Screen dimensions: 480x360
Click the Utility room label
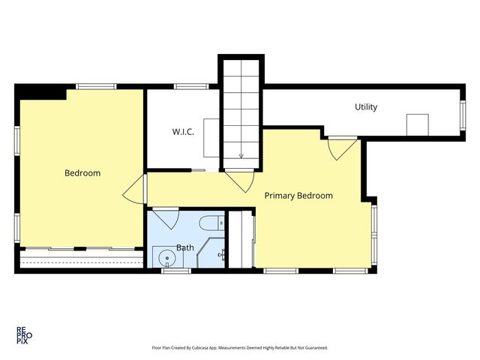pyautogui.click(x=366, y=107)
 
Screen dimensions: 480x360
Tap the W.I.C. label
pyautogui.click(x=183, y=132)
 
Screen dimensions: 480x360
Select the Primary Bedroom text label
pyautogui.click(x=298, y=196)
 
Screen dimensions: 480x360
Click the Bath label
pyautogui.click(x=185, y=247)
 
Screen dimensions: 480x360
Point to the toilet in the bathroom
pyautogui.click(x=211, y=223)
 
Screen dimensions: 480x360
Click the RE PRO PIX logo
pyautogui.click(x=24, y=335)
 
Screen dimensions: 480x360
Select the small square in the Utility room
pyautogui.click(x=417, y=124)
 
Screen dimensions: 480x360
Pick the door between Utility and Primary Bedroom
pyautogui.click(x=342, y=149)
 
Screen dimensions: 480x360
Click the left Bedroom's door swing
pyautogui.click(x=134, y=189)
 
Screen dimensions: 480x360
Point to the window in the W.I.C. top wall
pyautogui.click(x=191, y=86)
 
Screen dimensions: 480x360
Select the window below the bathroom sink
pyautogui.click(x=176, y=271)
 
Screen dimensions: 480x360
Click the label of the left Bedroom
pyautogui.click(x=82, y=173)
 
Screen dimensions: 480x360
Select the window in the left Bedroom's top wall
pyautogui.click(x=96, y=86)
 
